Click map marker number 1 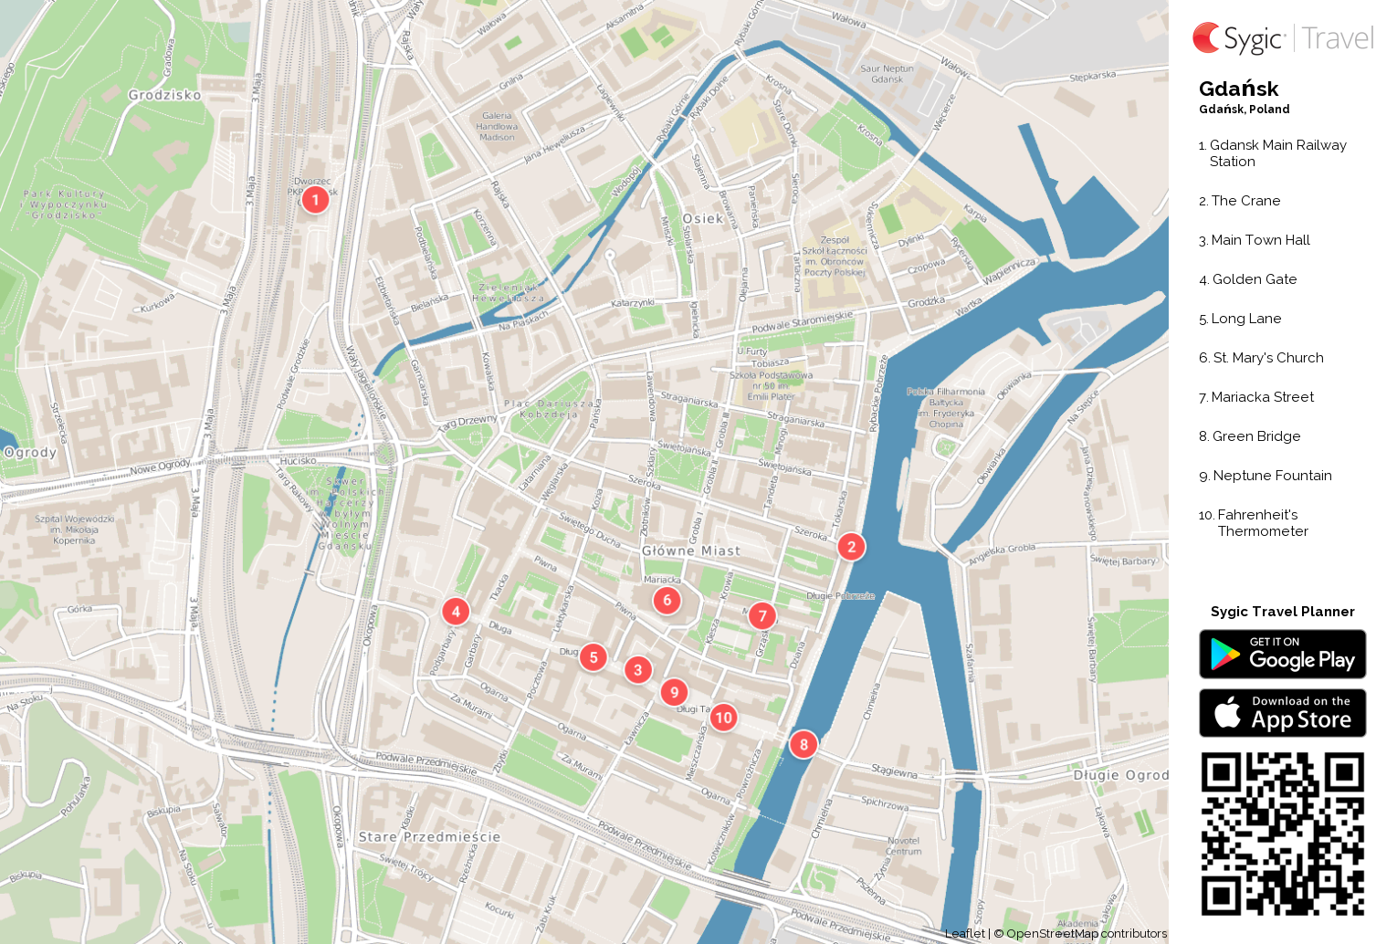coord(315,199)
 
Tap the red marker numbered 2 coord(851,547)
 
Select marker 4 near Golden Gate coord(456,612)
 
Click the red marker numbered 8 coord(804,744)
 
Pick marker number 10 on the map coord(723,718)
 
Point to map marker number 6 coord(667,600)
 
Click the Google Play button coord(1282,655)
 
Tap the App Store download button coord(1282,713)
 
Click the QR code coord(1282,834)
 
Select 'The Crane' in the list coord(1245,201)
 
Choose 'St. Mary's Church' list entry coord(1267,358)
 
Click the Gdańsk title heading coord(1238,89)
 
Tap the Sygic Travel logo coord(1282,38)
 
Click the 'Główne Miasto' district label coord(691,551)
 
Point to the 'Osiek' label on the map coord(702,219)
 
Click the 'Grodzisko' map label coord(164,95)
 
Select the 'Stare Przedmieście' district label coord(429,837)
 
